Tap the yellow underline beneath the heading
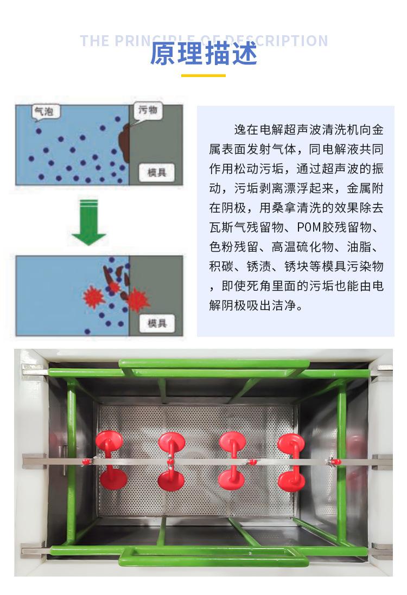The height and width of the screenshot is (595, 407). [203, 75]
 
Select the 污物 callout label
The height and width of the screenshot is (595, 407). [147, 110]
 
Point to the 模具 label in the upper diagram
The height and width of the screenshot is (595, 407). [157, 173]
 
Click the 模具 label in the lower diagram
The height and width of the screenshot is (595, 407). [157, 324]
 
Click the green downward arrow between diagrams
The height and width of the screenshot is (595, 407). [88, 223]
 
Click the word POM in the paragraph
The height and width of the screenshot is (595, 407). [295, 227]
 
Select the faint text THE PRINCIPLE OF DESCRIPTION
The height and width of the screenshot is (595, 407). [203, 41]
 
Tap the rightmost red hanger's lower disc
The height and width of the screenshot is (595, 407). [291, 481]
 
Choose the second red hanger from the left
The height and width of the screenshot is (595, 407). [171, 461]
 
